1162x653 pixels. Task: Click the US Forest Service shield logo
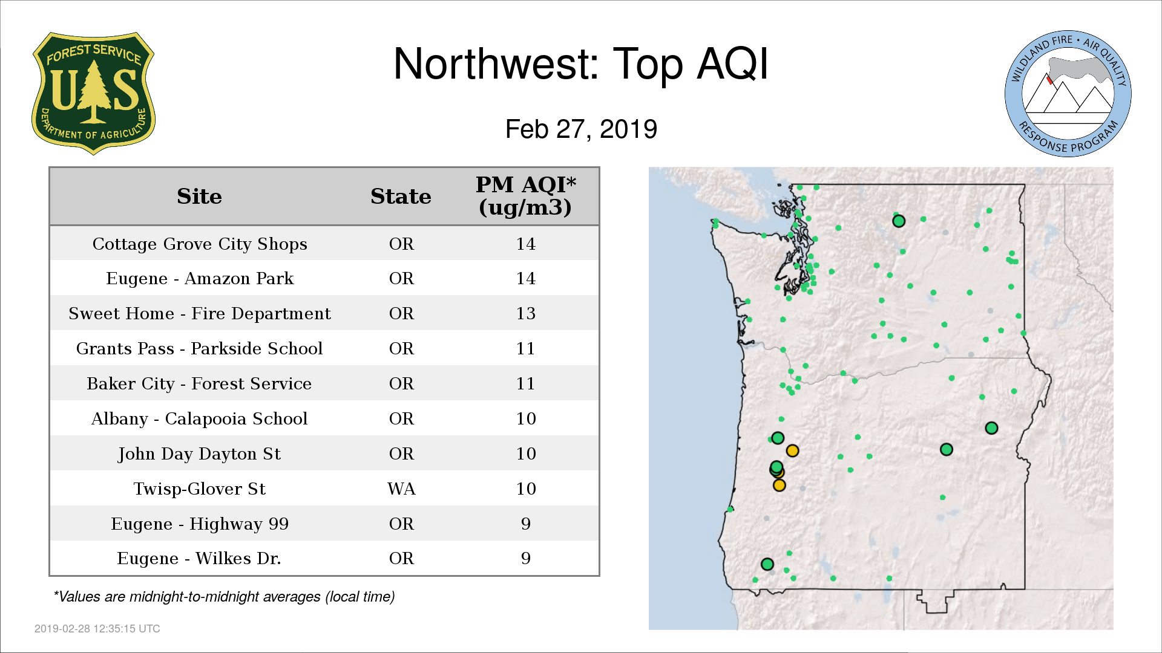[x=93, y=93]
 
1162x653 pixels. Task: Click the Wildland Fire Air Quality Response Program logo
[x=1068, y=94]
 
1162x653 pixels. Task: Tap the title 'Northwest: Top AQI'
[x=581, y=63]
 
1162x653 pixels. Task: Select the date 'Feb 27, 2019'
[x=581, y=129]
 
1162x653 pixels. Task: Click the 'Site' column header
[x=199, y=197]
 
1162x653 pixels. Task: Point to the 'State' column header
[x=401, y=197]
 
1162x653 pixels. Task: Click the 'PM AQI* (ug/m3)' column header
[x=525, y=196]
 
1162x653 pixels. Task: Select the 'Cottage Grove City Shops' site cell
[x=200, y=244]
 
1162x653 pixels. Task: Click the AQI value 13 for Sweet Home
[x=525, y=313]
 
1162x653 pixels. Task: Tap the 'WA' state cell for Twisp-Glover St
[x=401, y=489]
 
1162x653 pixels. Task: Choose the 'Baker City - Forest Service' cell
[x=199, y=383]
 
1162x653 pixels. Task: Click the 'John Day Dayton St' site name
[x=199, y=453]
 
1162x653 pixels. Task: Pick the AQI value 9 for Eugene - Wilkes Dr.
[x=525, y=558]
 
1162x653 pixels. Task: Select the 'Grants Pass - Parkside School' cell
[x=199, y=348]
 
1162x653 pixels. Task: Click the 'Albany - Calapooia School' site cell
[x=199, y=418]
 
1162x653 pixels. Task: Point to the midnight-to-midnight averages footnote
[x=224, y=597]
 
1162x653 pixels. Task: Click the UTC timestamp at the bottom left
[x=97, y=629]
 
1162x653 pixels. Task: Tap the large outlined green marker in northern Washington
[x=899, y=221]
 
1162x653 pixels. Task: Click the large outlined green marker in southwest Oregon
[x=767, y=564]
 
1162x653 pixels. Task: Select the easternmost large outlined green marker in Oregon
[x=991, y=428]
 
